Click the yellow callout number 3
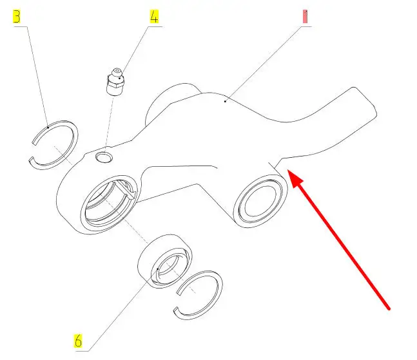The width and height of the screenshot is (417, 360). [17, 17]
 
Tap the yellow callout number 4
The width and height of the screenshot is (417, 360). [154, 17]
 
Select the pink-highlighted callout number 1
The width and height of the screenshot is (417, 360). [305, 17]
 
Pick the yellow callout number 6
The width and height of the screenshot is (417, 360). [78, 341]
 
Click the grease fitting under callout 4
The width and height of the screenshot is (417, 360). [115, 82]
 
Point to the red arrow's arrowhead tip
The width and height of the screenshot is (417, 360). [287, 170]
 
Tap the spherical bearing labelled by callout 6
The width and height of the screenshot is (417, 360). [165, 261]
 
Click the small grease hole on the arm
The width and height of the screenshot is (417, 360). [104, 157]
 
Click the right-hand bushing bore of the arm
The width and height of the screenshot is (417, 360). [260, 201]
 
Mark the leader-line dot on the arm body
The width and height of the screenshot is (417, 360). [225, 101]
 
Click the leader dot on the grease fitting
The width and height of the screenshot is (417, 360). [120, 78]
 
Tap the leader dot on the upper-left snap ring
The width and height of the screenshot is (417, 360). [48, 128]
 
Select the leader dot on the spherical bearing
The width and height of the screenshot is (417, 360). [158, 269]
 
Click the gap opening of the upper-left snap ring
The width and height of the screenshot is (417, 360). [32, 151]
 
